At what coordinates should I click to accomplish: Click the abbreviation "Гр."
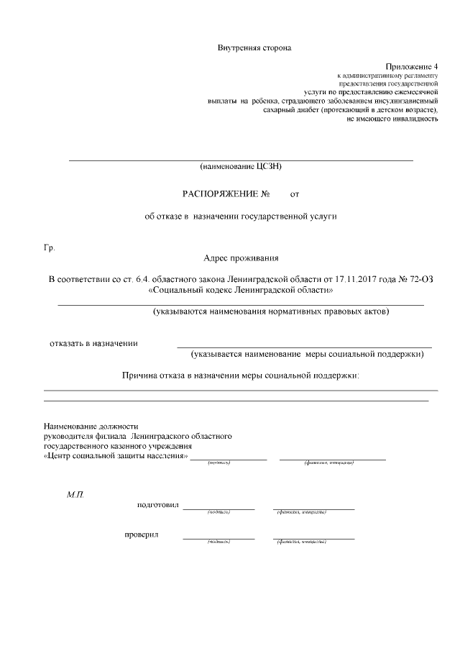(50, 249)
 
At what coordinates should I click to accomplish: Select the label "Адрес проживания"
(241, 258)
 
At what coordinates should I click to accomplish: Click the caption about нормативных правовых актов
(270, 312)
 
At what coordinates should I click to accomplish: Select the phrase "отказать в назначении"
(93, 343)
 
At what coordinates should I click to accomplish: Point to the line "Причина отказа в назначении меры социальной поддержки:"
(240, 375)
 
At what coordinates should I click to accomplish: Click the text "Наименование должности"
(91, 427)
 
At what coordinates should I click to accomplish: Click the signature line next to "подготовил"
(218, 509)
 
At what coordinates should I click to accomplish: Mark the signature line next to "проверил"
(218, 538)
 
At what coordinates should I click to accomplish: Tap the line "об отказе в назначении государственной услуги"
(241, 216)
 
